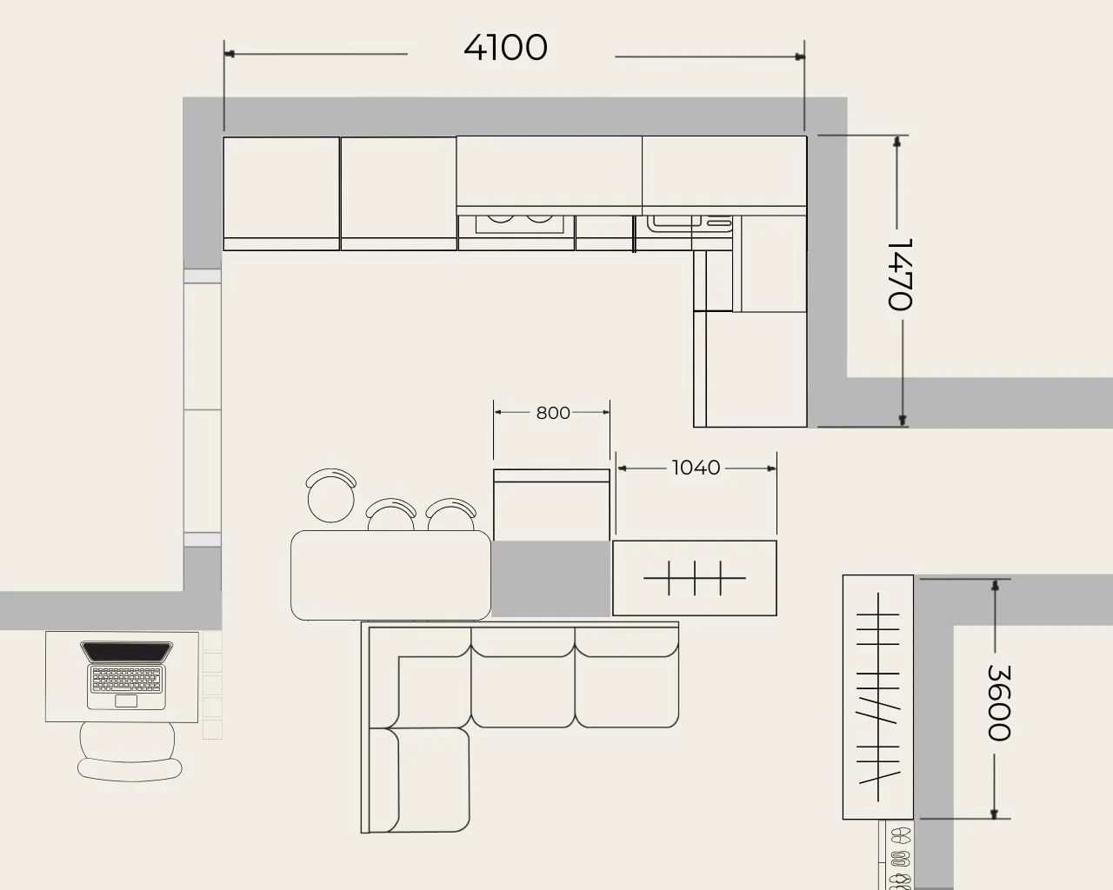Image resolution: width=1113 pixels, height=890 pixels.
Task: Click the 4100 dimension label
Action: click(505, 48)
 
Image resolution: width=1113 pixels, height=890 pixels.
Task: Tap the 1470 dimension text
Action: click(899, 274)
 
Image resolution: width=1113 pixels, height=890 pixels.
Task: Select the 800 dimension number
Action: click(553, 413)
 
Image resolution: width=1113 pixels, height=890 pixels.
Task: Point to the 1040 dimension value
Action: click(696, 468)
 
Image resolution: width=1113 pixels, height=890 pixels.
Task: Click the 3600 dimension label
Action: click(999, 703)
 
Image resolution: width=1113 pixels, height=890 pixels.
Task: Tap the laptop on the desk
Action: click(127, 674)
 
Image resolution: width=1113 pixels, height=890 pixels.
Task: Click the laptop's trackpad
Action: click(126, 701)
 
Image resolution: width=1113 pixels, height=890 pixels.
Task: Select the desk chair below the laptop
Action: click(130, 751)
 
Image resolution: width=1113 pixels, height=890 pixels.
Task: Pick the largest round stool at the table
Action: click(331, 496)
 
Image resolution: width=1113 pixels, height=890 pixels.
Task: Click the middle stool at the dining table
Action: click(391, 515)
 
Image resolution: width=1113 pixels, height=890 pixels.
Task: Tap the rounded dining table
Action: click(390, 575)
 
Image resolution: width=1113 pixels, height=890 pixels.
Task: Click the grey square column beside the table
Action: click(550, 578)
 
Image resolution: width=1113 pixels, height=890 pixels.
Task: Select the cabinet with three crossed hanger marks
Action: click(695, 578)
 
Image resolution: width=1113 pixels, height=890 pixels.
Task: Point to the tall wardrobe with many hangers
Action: click(877, 696)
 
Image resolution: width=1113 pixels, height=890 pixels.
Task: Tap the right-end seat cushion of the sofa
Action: click(627, 677)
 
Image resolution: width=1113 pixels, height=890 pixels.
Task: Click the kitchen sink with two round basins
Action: click(519, 225)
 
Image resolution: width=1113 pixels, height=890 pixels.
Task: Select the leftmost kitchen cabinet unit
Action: click(282, 194)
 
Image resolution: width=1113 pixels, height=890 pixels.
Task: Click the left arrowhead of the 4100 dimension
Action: click(230, 54)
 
